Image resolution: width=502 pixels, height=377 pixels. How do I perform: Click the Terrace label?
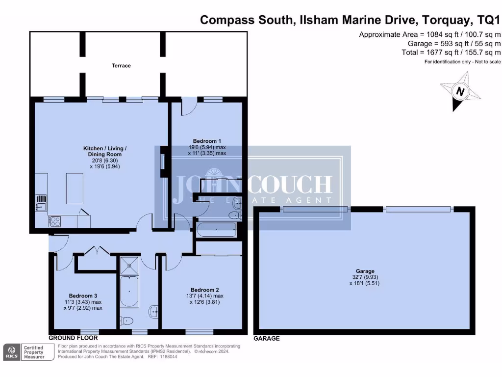coord(121,65)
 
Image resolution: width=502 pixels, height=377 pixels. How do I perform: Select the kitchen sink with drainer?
coord(41,203)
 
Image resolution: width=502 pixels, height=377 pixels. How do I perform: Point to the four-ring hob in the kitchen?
coord(54,221)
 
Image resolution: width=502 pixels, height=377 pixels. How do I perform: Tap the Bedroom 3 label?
coord(82,296)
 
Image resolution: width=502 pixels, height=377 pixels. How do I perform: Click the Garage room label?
coord(365,271)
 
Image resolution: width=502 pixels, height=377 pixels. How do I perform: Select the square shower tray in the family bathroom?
coord(129,266)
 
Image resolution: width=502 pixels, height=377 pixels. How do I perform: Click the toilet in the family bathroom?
coord(127,322)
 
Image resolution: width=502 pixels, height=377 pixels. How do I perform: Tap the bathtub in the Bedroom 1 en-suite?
coord(216,229)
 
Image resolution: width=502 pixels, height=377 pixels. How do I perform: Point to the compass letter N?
coord(460,91)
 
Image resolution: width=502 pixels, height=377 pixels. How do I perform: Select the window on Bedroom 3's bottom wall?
coord(90,330)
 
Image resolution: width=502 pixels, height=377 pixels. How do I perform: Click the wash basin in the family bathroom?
coord(153,310)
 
